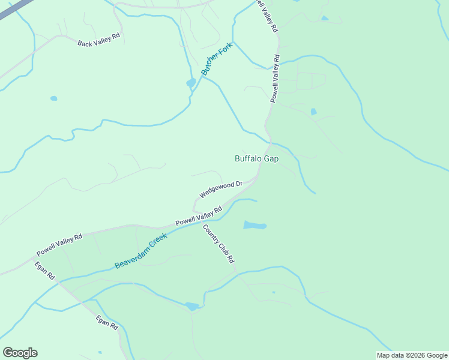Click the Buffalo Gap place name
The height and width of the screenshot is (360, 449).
pyautogui.click(x=256, y=159)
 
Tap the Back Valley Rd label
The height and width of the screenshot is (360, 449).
pyautogui.click(x=99, y=40)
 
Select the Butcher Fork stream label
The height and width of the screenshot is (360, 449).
pyautogui.click(x=216, y=61)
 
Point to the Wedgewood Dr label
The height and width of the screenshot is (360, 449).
pyautogui.click(x=220, y=190)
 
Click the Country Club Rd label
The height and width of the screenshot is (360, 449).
pyautogui.click(x=218, y=244)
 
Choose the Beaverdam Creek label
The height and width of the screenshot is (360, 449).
pyautogui.click(x=140, y=251)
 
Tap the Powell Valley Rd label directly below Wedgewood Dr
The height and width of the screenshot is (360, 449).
pyautogui.click(x=199, y=216)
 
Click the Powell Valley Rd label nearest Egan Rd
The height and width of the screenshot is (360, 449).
pyautogui.click(x=59, y=244)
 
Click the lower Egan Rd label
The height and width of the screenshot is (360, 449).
pyautogui.click(x=107, y=322)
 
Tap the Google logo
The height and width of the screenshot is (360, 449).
pyautogui.click(x=20, y=353)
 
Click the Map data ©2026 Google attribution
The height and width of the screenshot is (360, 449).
pyautogui.click(x=412, y=355)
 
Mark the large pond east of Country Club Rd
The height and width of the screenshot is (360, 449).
pyautogui.click(x=255, y=226)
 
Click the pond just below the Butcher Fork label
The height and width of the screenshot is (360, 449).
pyautogui.click(x=191, y=83)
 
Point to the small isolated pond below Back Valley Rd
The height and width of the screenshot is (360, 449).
pyautogui.click(x=54, y=98)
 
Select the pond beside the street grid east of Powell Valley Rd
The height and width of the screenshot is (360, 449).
pyautogui.click(x=313, y=112)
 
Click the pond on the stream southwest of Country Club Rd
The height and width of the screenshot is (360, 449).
pyautogui.click(x=192, y=306)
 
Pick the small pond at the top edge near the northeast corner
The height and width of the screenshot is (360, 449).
pyautogui.click(x=325, y=18)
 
